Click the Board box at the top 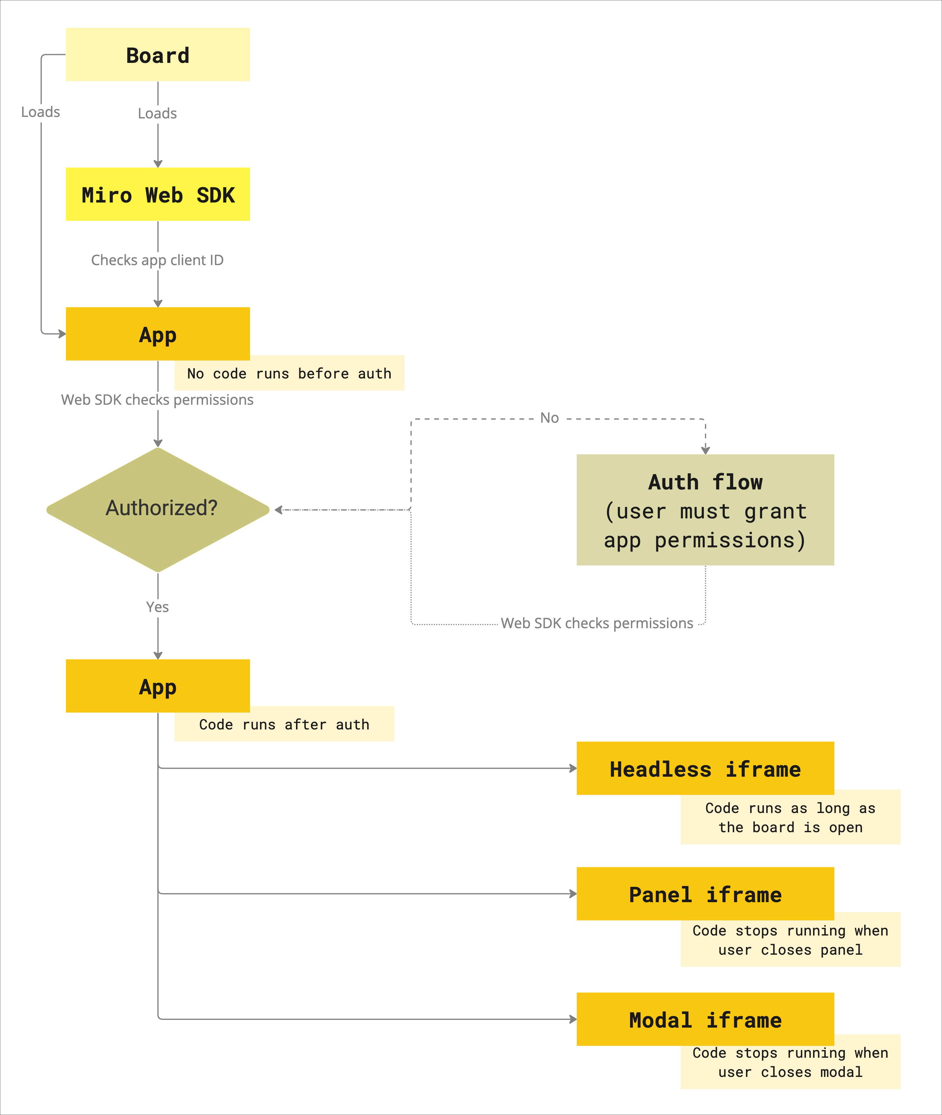tap(158, 55)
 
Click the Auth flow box tap(705, 510)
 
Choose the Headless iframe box tap(705, 768)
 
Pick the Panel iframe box tap(705, 894)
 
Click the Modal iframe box tap(705, 1019)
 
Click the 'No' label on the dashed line tap(549, 418)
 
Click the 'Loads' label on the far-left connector tap(41, 112)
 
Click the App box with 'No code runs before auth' tap(158, 334)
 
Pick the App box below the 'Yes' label tap(158, 686)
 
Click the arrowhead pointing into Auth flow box tap(705, 450)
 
